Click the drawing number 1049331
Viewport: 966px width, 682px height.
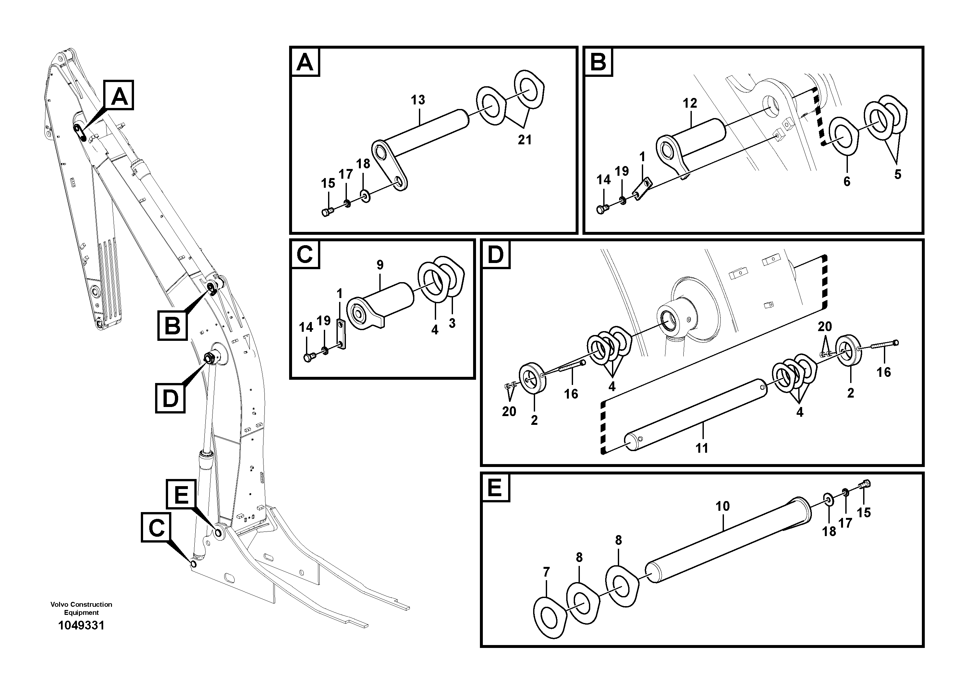point(81,625)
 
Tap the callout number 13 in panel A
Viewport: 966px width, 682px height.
point(418,100)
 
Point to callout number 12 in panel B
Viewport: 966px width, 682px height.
point(690,103)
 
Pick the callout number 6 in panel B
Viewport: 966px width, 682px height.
point(847,182)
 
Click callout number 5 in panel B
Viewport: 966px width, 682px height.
point(898,174)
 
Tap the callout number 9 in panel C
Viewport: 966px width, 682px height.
point(380,265)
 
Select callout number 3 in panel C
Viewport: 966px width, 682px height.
point(452,323)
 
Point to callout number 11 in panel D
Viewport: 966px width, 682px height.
point(701,448)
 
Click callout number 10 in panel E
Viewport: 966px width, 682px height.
point(722,506)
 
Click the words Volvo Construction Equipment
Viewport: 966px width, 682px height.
point(81,608)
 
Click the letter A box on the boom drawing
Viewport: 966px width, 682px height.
point(119,95)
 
